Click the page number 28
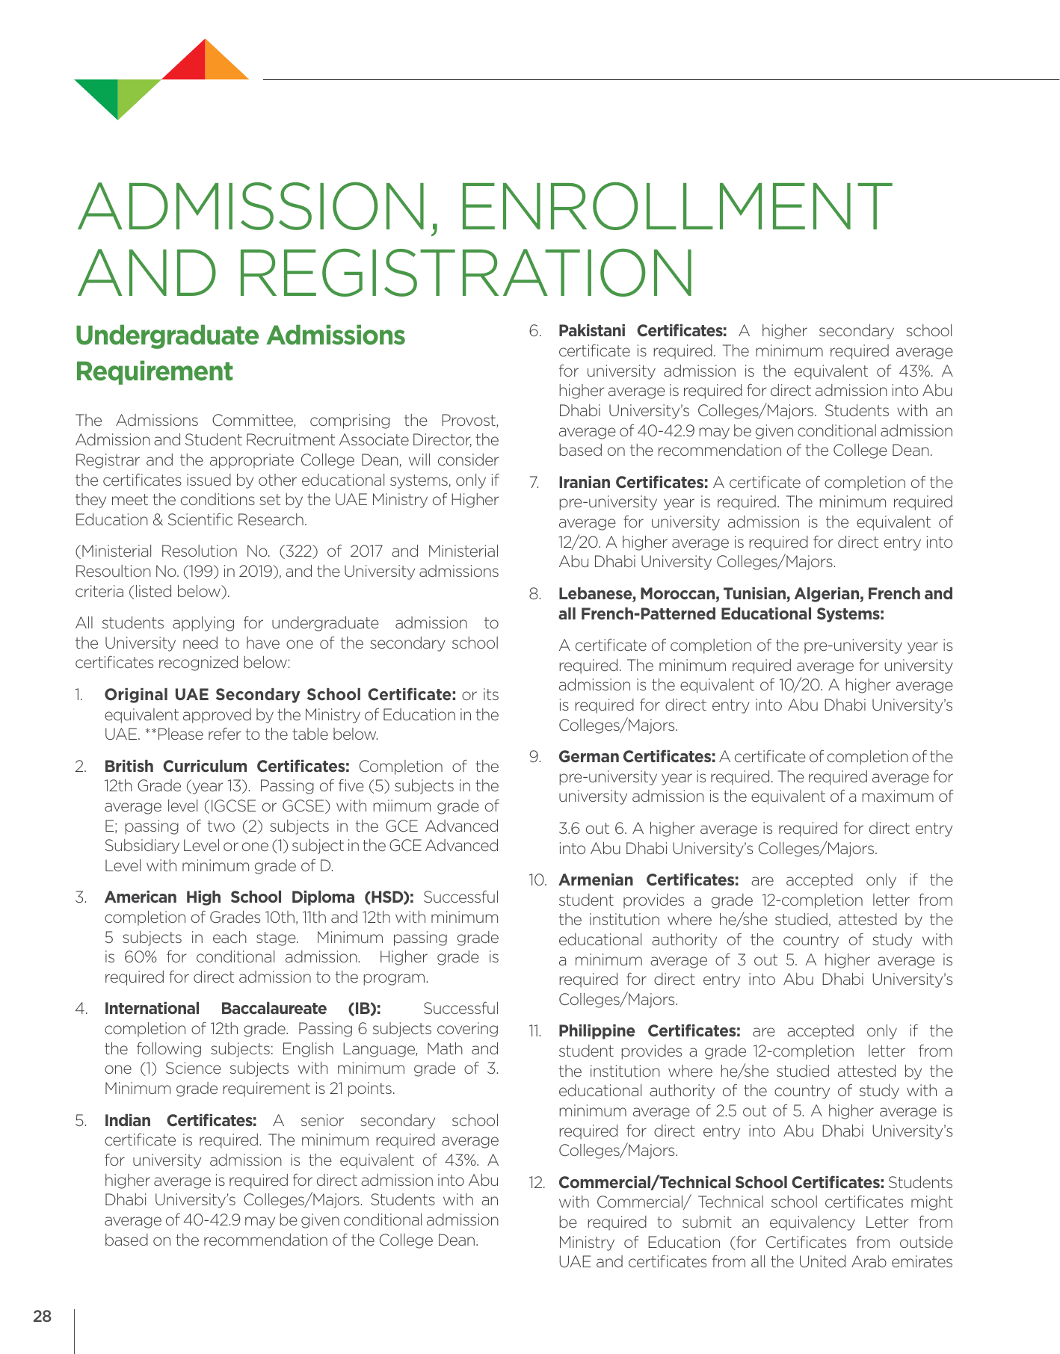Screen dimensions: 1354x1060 click(43, 1317)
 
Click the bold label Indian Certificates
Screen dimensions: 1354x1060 click(181, 1121)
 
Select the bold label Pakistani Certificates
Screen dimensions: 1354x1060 click(643, 331)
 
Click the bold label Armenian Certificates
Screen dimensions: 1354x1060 click(649, 880)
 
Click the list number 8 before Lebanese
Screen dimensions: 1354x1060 click(534, 595)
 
